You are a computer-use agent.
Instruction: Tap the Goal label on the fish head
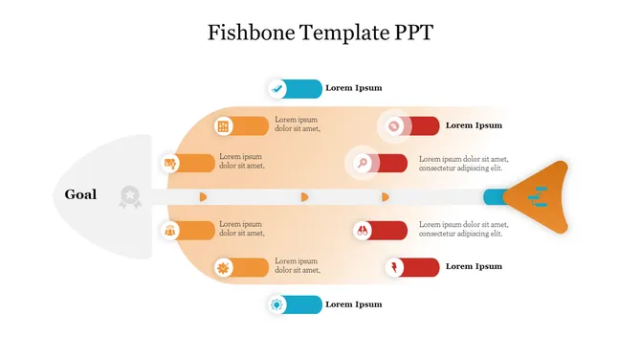(x=80, y=194)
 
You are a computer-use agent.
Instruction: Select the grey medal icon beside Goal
(x=128, y=196)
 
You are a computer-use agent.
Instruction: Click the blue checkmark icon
(x=277, y=88)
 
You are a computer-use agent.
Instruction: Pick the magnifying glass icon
(x=364, y=163)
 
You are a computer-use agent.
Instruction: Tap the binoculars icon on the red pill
(x=364, y=230)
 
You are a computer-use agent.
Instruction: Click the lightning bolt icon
(x=394, y=266)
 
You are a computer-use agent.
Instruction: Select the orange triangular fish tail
(x=540, y=197)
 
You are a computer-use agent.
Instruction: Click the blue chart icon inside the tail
(x=539, y=197)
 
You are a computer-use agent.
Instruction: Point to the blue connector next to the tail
(x=494, y=197)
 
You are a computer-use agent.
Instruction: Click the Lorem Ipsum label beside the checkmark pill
(x=354, y=88)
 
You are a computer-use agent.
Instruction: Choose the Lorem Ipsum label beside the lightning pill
(x=474, y=266)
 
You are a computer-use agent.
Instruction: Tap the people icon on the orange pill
(x=170, y=230)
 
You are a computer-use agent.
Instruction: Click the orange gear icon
(x=224, y=267)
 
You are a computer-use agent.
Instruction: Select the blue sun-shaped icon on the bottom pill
(x=277, y=304)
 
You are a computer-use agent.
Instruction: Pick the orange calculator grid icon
(x=224, y=125)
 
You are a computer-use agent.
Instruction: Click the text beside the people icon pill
(x=241, y=230)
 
